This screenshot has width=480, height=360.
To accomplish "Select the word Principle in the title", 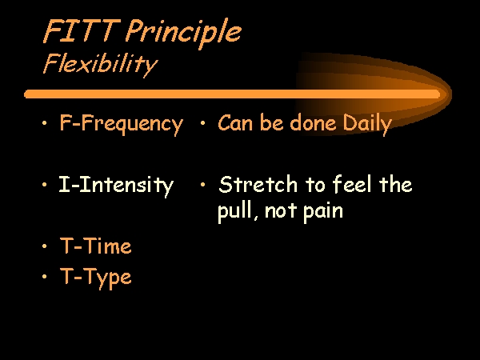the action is coord(183,33).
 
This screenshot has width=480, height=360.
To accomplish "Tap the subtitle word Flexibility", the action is coord(100,65).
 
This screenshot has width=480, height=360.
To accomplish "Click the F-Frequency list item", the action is coord(122,124).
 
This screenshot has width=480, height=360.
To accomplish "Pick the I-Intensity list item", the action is coord(116,186).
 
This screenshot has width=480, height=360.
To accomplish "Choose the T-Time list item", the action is coord(96,246).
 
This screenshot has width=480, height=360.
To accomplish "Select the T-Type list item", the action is coord(96,278).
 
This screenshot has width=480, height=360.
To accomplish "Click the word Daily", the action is coord(367,124).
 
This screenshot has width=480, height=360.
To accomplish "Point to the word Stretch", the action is coord(258,184).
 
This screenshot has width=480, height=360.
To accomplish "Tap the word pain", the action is coord(323,211).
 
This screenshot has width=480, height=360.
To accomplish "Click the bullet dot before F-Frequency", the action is coord(45,123).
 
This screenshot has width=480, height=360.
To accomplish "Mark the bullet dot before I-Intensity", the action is coord(45,185).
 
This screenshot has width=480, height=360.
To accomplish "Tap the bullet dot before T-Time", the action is coord(45,246).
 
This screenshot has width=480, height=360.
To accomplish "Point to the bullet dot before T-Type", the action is coord(45,277).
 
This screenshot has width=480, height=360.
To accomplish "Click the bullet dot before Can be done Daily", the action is coord(202,123).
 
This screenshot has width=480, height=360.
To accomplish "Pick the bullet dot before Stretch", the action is coord(202,185).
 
